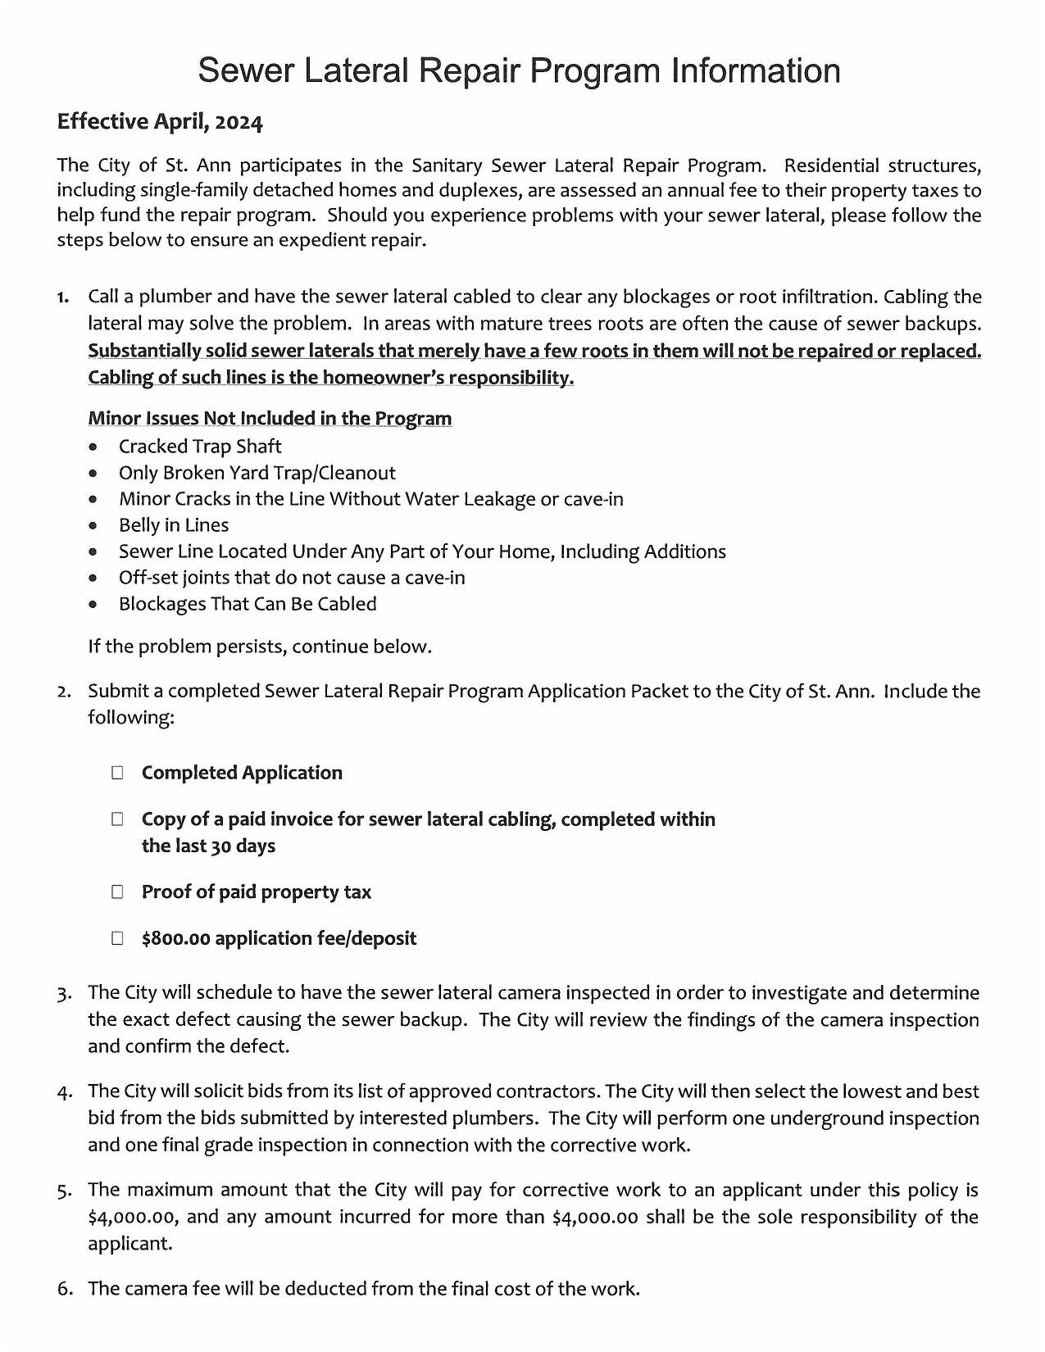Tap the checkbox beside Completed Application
pos(118,773)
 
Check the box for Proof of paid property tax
pos(118,892)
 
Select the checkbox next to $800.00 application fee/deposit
pos(118,938)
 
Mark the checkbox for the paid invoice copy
pos(118,819)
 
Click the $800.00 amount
pos(175,938)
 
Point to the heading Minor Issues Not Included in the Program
pos(270,419)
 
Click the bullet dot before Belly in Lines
pos(94,526)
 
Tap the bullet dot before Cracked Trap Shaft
pos(94,447)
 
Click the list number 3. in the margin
pos(65,994)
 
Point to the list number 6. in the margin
pos(65,1289)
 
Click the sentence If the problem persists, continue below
pos(260,647)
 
